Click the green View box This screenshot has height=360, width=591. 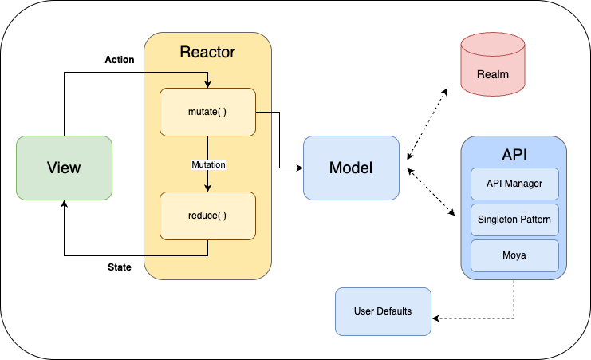tap(64, 168)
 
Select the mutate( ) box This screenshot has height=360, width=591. tap(207, 112)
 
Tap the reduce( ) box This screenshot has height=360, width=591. tap(207, 216)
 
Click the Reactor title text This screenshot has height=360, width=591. tap(207, 53)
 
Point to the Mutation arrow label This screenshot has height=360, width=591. tap(208, 164)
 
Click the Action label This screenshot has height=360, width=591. tap(120, 60)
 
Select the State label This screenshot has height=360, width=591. tap(120, 267)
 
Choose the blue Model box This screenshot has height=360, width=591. tap(351, 168)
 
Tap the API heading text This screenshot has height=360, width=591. tap(514, 153)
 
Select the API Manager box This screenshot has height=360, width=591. tap(514, 184)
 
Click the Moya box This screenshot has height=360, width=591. tap(514, 255)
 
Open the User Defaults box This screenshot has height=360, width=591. tap(383, 311)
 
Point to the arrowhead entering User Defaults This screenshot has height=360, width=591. tap(435, 318)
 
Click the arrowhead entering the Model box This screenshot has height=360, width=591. tap(299, 168)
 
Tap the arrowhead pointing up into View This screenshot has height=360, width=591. tap(64, 204)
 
